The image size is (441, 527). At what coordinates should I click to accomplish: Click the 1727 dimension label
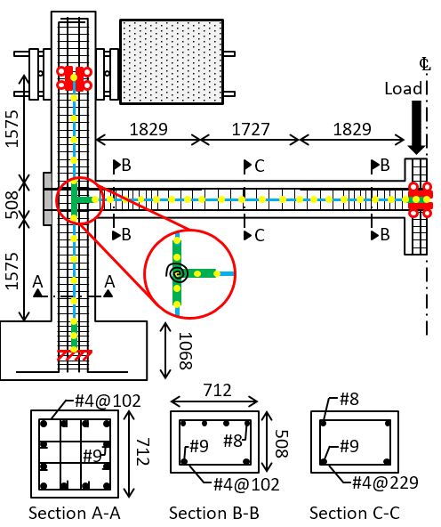point(251,129)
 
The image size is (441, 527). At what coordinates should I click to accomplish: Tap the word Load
point(403,89)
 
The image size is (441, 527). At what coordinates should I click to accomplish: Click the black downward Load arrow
point(416,127)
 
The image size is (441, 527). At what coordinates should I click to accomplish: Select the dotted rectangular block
point(172,61)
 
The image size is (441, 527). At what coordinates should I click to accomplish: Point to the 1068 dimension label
point(185,352)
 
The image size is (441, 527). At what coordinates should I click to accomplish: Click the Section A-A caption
point(75,514)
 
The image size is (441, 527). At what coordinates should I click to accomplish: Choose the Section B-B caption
point(214,514)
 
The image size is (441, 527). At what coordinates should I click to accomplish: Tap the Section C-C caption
point(355,514)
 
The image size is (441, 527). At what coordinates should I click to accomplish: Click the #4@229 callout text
point(385,483)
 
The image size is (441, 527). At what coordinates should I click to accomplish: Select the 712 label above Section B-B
point(217,391)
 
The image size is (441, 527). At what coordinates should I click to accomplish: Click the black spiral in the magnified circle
point(177,273)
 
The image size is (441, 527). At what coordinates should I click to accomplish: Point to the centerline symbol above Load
point(425,64)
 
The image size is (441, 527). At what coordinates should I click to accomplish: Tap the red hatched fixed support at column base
point(75,355)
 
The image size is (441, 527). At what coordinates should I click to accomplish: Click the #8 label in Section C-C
point(349,400)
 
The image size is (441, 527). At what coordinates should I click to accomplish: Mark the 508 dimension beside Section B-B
point(281,444)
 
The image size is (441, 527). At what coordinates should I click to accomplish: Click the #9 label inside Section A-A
point(92,456)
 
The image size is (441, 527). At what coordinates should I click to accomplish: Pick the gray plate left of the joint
point(47,199)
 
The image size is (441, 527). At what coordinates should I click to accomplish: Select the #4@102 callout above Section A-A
point(108,401)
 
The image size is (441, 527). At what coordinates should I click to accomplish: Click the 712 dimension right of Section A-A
point(142,451)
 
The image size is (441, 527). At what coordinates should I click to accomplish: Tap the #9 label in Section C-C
point(349,446)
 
